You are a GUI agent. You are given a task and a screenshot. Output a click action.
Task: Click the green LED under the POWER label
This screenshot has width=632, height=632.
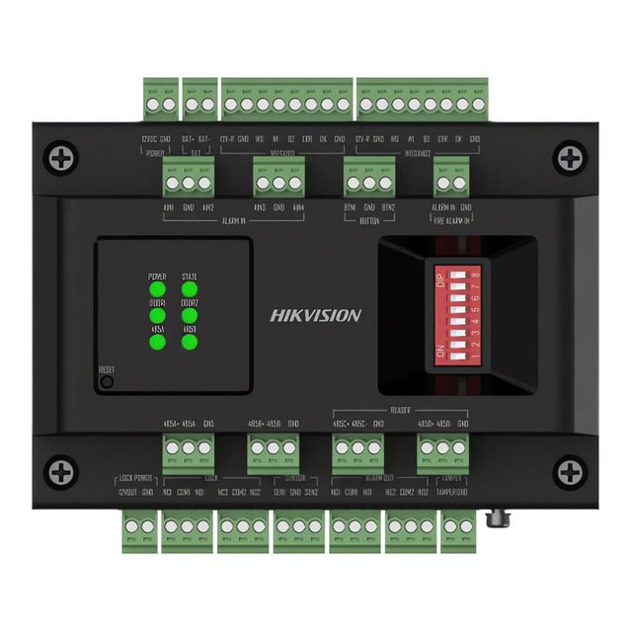156,291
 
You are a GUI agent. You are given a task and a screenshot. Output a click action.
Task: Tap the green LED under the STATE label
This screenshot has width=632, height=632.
190,291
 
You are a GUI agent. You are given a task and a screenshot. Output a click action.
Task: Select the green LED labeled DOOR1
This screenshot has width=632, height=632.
156,316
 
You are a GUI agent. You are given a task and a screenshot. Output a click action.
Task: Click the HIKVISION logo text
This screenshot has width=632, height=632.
316,316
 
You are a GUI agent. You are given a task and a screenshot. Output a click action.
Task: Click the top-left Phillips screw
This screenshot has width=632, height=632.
62,155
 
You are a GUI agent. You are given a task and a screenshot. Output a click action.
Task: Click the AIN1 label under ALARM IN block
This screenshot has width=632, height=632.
168,208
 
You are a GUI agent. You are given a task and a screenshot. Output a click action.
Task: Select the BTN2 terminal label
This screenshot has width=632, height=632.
389,208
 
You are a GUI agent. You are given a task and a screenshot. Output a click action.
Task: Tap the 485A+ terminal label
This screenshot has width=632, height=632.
169,425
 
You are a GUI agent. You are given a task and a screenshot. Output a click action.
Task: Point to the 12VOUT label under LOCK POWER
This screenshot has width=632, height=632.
127,491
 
